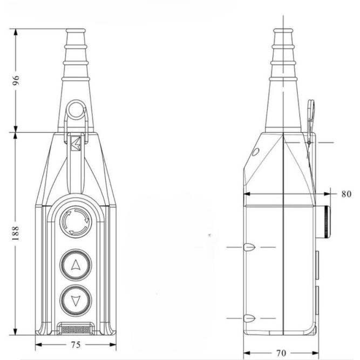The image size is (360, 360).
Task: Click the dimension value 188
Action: click(x=16, y=233)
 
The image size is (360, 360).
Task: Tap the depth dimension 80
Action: click(x=346, y=194)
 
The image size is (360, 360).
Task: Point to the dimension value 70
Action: click(x=281, y=354)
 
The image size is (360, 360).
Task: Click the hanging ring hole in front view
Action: click(x=76, y=112)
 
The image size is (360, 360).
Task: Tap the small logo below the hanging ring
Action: click(x=76, y=143)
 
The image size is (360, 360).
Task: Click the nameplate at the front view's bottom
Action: click(x=75, y=328)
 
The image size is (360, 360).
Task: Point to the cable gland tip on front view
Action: click(x=75, y=32)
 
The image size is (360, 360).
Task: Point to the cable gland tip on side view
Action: click(x=283, y=32)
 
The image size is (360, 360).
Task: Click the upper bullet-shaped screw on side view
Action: click(x=248, y=247)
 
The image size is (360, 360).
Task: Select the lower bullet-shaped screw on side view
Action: click(x=248, y=318)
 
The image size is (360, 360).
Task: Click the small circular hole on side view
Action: click(x=255, y=153)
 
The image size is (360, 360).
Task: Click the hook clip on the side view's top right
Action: click(x=311, y=113)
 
